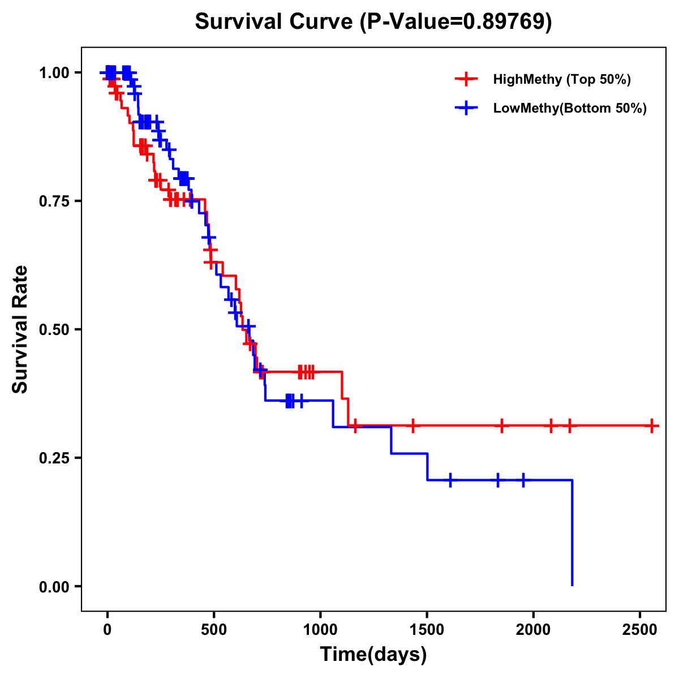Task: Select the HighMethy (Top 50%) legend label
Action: [x=562, y=79]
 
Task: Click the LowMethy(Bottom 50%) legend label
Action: [x=570, y=109]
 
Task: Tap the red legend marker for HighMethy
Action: [x=466, y=79]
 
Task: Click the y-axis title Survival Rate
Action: [x=20, y=329]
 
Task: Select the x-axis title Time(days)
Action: [x=373, y=655]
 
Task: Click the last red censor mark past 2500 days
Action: [x=652, y=426]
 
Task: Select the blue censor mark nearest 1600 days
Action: [x=450, y=480]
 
